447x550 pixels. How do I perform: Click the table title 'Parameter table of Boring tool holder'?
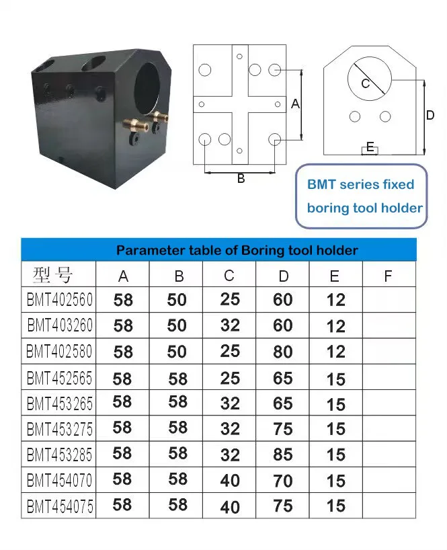237,250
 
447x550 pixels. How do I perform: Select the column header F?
388,276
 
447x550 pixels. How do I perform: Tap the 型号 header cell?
52,275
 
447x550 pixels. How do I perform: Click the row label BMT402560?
59,299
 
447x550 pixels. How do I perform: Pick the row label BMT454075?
59,506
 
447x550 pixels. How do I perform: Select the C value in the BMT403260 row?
230,325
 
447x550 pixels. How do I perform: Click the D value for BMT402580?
283,352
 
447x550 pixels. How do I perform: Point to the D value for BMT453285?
283,455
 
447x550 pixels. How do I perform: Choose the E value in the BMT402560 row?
335,300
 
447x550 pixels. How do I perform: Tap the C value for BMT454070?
230,480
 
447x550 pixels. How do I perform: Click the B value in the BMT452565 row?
177,379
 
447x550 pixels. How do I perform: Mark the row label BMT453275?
59,428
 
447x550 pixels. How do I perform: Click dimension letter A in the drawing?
294,104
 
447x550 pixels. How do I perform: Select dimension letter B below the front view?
241,179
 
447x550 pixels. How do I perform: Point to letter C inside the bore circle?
366,84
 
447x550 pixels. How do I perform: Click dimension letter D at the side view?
431,115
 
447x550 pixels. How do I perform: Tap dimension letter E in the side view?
370,146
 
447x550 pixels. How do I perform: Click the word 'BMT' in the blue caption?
322,184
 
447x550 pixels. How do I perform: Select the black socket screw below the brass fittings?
134,138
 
